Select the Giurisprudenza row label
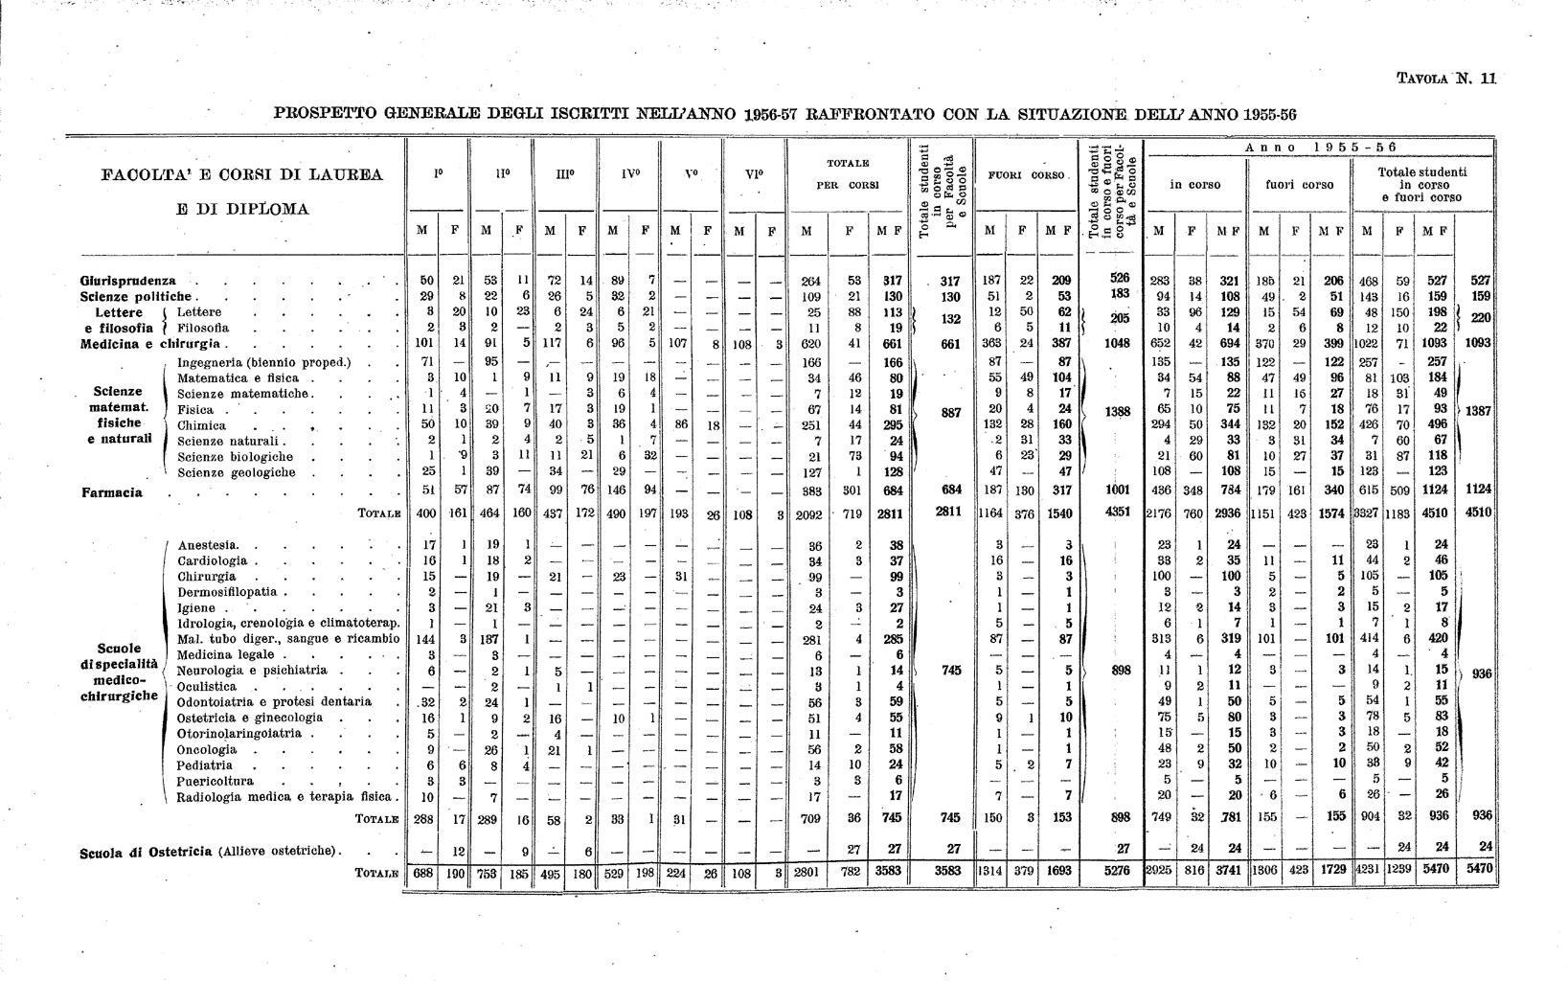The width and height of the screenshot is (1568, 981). [128, 281]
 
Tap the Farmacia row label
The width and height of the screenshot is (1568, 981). [112, 492]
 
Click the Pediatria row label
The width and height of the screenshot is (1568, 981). [205, 765]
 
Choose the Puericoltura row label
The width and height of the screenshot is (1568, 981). [216, 781]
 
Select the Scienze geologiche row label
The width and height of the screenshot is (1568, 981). [237, 472]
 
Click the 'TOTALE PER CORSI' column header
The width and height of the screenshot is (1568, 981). [848, 173]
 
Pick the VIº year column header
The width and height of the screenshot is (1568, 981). [754, 175]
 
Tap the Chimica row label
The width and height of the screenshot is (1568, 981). [202, 425]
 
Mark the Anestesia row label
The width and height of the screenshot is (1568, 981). [208, 545]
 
